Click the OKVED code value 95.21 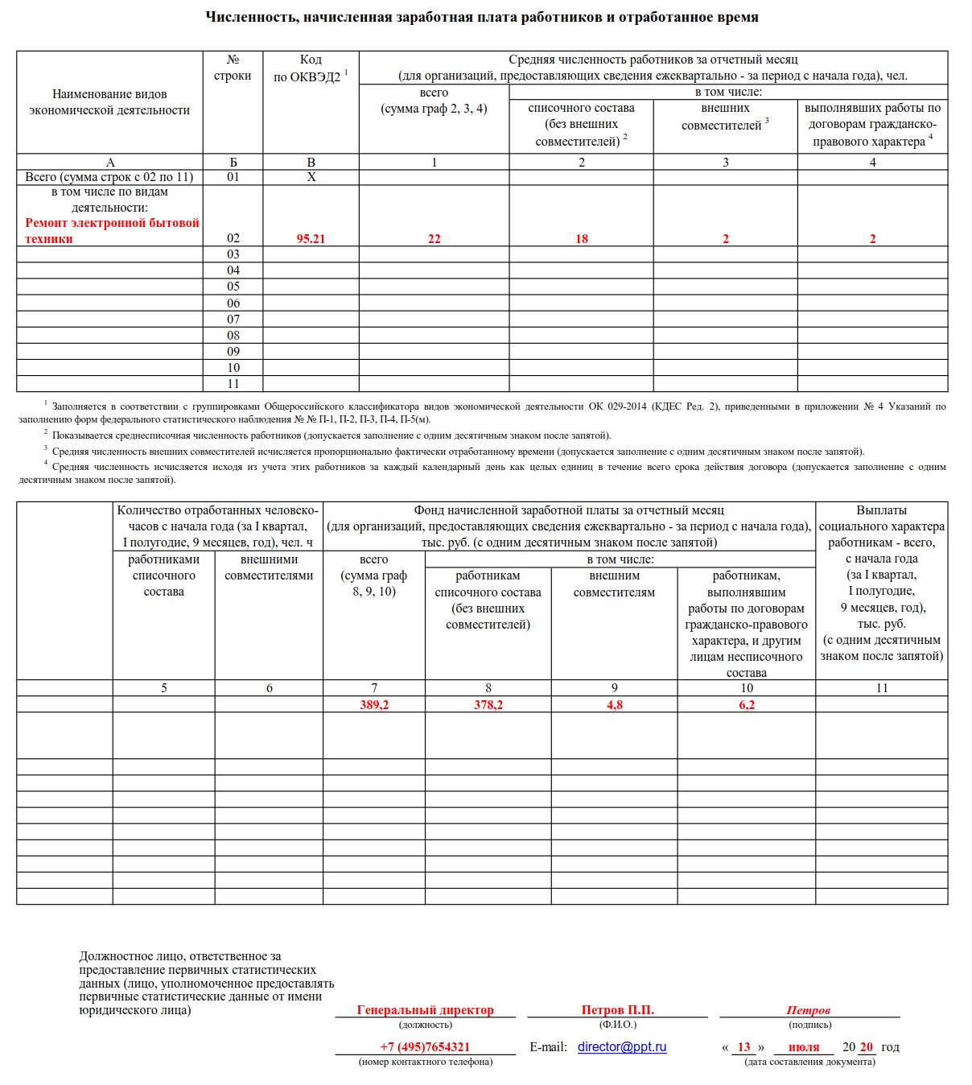pos(311,239)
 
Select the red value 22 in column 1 pos(435,239)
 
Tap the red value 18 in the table pos(582,239)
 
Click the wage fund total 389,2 pos(374,705)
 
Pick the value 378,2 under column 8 pos(488,705)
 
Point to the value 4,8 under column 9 pos(615,705)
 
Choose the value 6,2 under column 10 pos(747,705)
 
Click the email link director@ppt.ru pos(622,1047)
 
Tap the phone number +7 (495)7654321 pos(425,1047)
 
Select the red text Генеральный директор pos(426,1010)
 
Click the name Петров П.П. pos(618,1010)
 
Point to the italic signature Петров pos(808,1010)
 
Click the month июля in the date pos(804,1047)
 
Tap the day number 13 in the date pos(744,1047)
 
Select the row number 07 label pos(233,320)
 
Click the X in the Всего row pos(311,177)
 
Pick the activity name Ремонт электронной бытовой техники pos(112,231)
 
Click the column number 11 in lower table pos(882,688)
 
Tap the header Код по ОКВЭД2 pos(311,68)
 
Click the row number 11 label pos(233,384)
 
